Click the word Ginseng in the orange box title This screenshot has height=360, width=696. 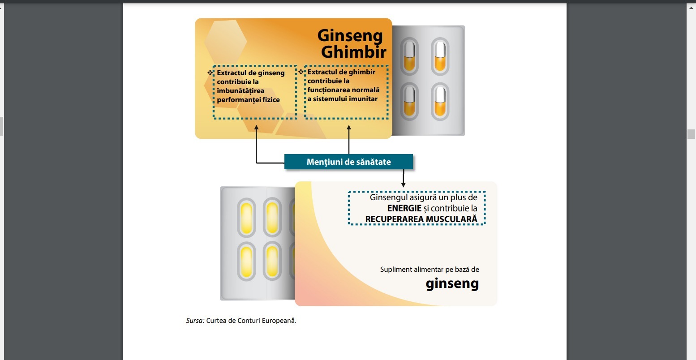(350, 36)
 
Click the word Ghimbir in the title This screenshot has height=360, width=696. (353, 52)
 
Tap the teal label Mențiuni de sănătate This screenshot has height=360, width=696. (348, 162)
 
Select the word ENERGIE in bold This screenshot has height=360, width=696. (404, 208)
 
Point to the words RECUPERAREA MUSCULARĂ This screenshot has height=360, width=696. (421, 219)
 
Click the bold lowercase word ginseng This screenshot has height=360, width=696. (452, 284)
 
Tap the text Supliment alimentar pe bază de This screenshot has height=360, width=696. (430, 270)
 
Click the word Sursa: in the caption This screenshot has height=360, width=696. (195, 321)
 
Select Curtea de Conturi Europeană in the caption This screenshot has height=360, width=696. (251, 321)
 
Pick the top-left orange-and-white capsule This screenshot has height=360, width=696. (409, 56)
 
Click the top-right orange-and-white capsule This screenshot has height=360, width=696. (440, 56)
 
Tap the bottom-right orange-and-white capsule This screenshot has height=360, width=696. (440, 102)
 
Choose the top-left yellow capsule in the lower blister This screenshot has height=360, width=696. (246, 218)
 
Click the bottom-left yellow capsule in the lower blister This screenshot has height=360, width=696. (246, 261)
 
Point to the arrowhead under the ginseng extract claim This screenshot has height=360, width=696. (256, 128)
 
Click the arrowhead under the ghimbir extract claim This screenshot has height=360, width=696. (349, 128)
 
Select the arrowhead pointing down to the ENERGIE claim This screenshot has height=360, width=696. (403, 184)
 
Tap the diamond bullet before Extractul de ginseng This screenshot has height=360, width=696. (211, 72)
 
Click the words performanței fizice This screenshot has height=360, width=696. (248, 100)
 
